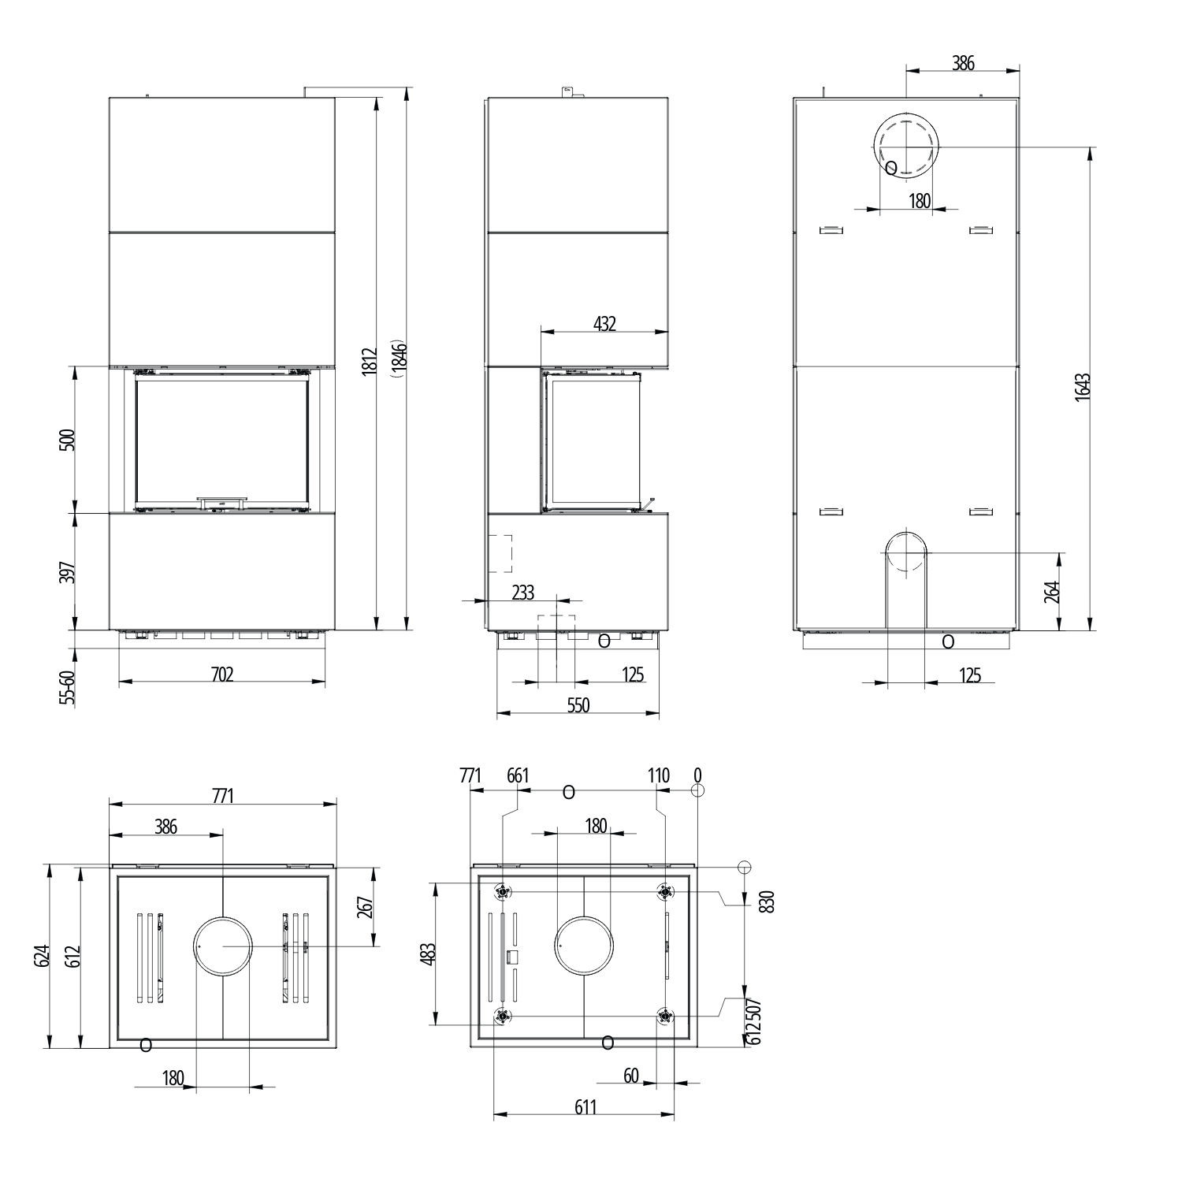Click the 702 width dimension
[x=222, y=674]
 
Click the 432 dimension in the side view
[x=604, y=323]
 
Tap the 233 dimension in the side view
[x=522, y=592]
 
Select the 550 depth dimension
[x=578, y=705]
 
